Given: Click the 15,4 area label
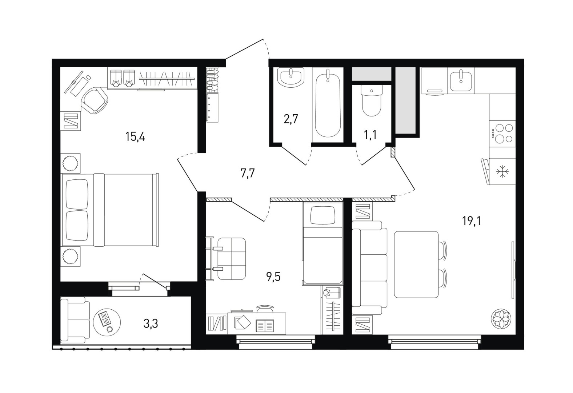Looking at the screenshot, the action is pos(135,137).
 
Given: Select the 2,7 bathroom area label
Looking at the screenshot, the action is pos(291,119).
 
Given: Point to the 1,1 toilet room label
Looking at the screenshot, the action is pos(370,134).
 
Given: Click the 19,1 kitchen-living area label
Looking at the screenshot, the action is pos(472,221).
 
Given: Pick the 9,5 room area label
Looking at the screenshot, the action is pos(273,277).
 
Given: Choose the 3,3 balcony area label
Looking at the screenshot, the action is pos(151,323).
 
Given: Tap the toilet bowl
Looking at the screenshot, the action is pos(372,100).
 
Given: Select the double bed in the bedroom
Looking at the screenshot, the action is pos(110,210).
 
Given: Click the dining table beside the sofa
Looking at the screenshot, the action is pos(416,265).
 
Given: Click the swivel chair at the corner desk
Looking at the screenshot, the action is pos(95,100).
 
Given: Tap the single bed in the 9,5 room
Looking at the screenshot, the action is pos(322,243).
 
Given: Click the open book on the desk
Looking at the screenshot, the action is pos(265,326).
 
